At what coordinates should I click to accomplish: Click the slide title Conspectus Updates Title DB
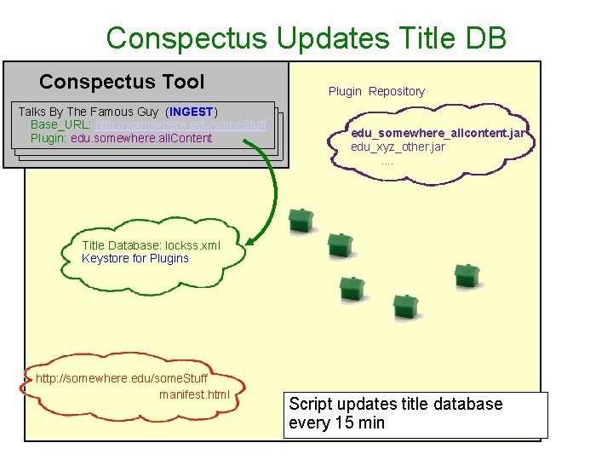306,37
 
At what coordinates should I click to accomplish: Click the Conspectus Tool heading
122,82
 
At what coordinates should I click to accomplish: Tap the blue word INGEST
192,112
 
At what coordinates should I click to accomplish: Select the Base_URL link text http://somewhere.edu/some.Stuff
180,124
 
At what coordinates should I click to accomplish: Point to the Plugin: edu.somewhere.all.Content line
121,138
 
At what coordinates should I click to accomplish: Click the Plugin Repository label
376,91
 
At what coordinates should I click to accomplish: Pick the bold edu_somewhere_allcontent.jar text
442,134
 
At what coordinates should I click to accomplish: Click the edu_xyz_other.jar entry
398,147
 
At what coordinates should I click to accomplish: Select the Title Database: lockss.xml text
151,245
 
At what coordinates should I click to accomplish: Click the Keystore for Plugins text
135,258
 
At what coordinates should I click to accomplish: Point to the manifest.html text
194,394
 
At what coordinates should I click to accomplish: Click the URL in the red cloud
122,378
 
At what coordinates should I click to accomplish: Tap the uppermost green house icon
301,221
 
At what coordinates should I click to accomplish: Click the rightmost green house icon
467,276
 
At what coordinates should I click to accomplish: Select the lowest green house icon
406,308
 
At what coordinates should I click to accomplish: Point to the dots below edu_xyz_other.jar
387,161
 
